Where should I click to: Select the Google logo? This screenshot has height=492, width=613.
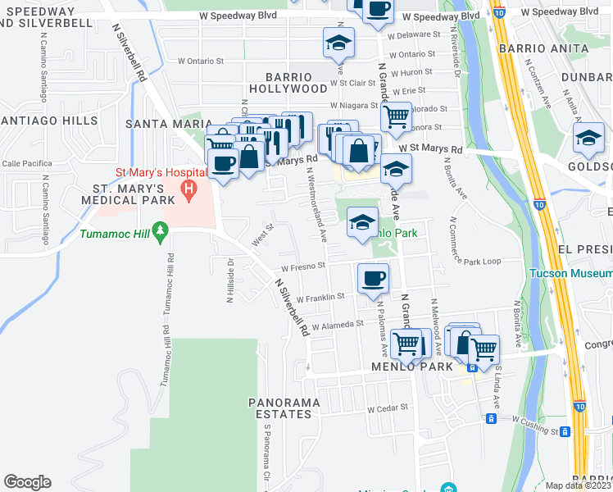coord(27,482)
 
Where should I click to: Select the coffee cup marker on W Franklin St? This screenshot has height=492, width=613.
coord(373,280)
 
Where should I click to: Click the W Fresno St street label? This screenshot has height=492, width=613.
coord(303,266)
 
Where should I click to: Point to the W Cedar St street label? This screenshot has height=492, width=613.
coord(388,408)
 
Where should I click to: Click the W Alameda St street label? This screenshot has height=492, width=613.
coord(336,324)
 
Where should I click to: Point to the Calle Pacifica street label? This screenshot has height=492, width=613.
coord(20,163)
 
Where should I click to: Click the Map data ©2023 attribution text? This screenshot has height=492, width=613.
coord(579,485)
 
